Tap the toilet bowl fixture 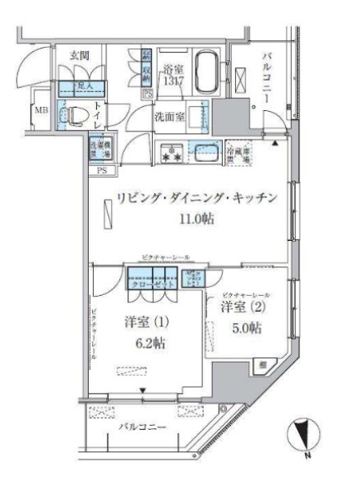76,116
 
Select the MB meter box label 40,112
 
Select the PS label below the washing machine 102,171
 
